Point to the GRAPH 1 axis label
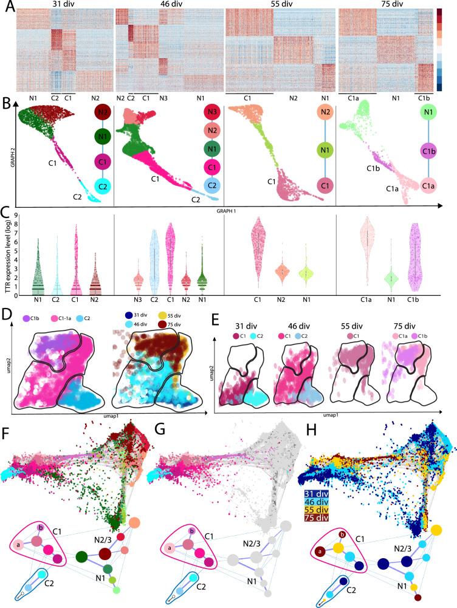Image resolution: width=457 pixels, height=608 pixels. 229,211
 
